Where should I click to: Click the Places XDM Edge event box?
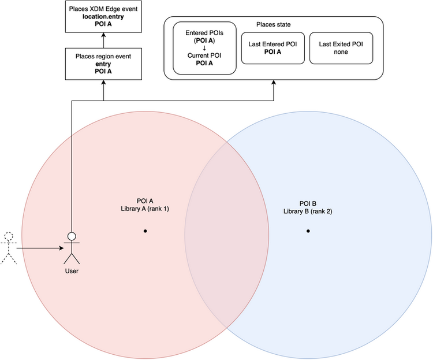103,17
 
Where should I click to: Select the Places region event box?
103,64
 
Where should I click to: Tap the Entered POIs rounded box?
204,48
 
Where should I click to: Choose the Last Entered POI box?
273,48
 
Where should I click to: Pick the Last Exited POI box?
341,48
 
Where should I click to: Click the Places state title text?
274,25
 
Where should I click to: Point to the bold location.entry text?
103,17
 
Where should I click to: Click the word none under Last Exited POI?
341,52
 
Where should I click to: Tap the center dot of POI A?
145,231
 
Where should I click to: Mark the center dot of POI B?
308,231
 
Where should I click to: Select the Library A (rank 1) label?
145,209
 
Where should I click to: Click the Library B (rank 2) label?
308,211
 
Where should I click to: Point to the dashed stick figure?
9,248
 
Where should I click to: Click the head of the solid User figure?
72,236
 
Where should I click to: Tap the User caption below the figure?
72,271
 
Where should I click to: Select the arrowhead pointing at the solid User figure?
62,248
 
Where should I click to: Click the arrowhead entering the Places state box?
274,83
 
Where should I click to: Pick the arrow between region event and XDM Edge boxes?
103,40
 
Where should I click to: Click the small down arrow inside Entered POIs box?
204,48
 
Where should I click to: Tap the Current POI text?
204,55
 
